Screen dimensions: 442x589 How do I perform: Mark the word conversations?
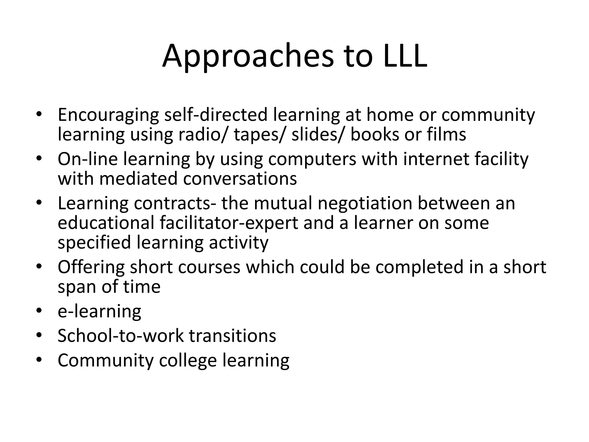240,179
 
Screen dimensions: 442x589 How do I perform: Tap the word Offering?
91,267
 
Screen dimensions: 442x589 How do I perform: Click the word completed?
420,267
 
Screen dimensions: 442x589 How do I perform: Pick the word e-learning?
100,311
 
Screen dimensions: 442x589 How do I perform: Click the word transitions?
232,336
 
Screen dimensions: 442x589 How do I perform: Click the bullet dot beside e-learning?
39,311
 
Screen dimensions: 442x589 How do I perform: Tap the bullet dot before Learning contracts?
39,203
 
